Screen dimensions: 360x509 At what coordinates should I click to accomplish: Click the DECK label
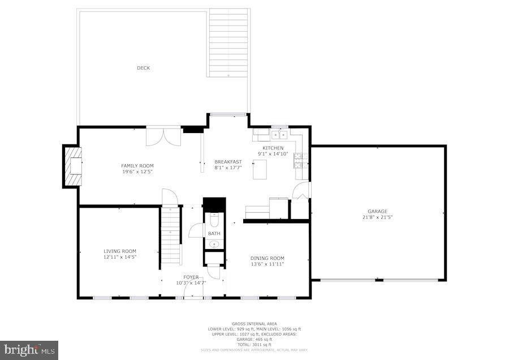tap(144, 68)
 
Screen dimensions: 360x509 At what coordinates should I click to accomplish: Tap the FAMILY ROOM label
tap(137, 165)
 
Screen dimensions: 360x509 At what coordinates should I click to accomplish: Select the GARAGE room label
tap(377, 211)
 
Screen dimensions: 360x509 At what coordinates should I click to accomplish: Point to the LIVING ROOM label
tap(120, 251)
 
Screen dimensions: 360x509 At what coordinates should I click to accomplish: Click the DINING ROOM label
tap(268, 258)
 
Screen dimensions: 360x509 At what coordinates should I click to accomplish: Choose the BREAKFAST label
tap(228, 162)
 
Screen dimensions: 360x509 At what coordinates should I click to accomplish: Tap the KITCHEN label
tap(273, 148)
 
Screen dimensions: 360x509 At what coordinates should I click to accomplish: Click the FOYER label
tap(191, 277)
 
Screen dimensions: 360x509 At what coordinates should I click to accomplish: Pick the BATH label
tap(214, 233)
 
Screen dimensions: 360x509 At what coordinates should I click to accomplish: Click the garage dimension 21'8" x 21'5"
tap(378, 217)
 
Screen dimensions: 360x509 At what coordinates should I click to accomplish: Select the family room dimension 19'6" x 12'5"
tap(137, 171)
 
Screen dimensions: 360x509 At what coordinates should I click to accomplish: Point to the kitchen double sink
tap(279, 135)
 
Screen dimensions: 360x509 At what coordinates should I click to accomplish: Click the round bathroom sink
tap(214, 245)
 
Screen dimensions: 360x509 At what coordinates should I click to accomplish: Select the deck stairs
tap(229, 42)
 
